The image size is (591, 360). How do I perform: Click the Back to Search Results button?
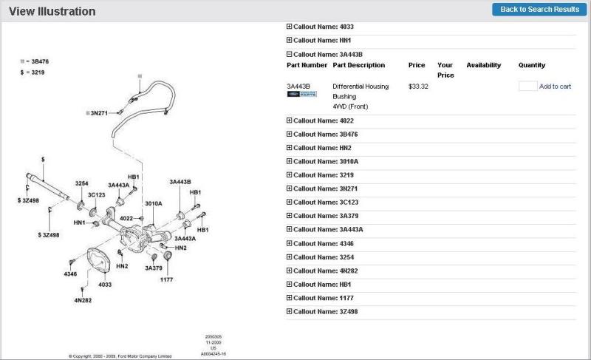pyautogui.click(x=539, y=10)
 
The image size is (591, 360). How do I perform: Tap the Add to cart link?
pyautogui.click(x=555, y=86)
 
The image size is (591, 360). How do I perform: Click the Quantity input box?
pyautogui.click(x=527, y=86)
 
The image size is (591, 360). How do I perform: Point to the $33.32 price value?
pyautogui.click(x=418, y=86)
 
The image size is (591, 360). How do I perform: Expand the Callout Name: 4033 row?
pyautogui.click(x=321, y=27)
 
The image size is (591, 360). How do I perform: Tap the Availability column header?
pyautogui.click(x=483, y=65)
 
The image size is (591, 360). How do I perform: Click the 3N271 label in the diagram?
pyautogui.click(x=99, y=113)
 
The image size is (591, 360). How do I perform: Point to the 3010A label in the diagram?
pyautogui.click(x=153, y=203)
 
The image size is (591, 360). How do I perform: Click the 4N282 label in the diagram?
pyautogui.click(x=83, y=300)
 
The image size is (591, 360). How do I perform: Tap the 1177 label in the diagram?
pyautogui.click(x=167, y=279)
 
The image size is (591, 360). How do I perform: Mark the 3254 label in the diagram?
pyautogui.click(x=82, y=183)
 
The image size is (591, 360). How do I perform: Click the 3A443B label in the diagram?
pyautogui.click(x=180, y=181)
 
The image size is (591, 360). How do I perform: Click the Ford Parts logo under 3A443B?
pyautogui.click(x=301, y=95)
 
